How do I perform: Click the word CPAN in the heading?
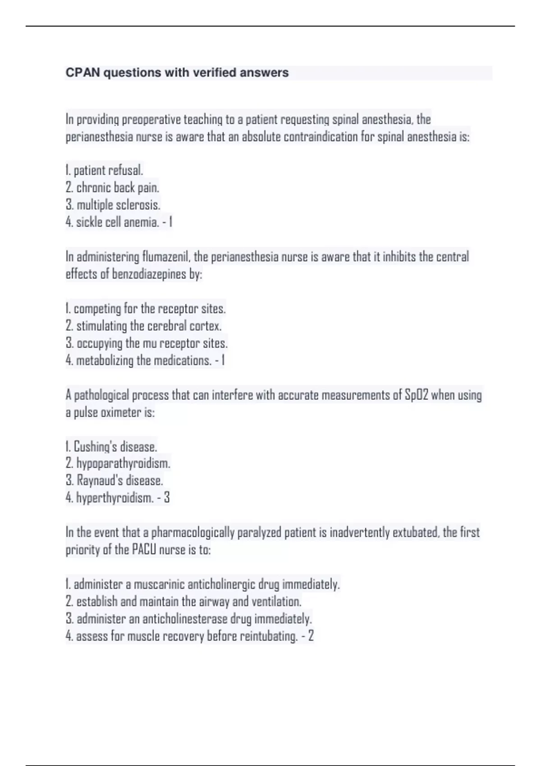83,73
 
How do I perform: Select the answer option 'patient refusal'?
108,170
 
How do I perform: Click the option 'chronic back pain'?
117,187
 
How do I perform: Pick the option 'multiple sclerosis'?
118,205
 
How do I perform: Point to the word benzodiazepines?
149,274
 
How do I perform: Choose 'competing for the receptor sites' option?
149,309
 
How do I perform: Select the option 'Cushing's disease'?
115,447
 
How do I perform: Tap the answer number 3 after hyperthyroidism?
167,498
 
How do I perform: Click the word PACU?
144,550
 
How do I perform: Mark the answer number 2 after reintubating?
311,636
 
